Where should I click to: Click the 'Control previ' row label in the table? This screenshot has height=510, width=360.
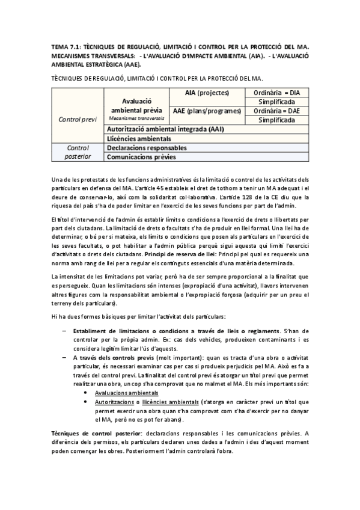pos(78,120)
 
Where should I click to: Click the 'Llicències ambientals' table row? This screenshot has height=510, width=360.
pos(137,138)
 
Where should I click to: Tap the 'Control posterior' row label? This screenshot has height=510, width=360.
pos(78,152)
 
